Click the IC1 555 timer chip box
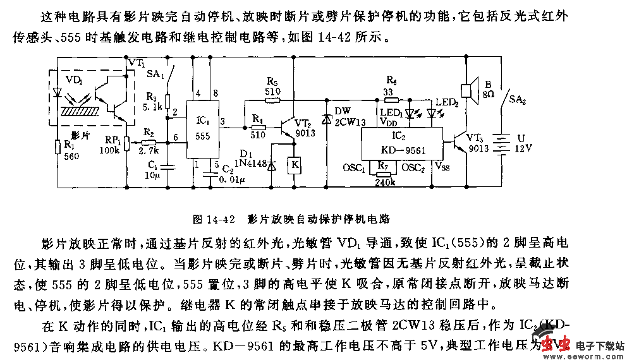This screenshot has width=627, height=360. pos(204,129)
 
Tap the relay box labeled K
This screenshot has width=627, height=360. pos(293,165)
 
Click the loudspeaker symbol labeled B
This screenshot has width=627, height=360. pos(468,90)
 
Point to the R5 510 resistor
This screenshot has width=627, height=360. pos(272,100)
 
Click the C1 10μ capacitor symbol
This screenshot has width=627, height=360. pos(167,167)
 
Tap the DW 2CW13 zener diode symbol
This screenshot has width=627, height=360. pos(326,118)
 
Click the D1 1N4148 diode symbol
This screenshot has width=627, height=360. pos(272,165)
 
